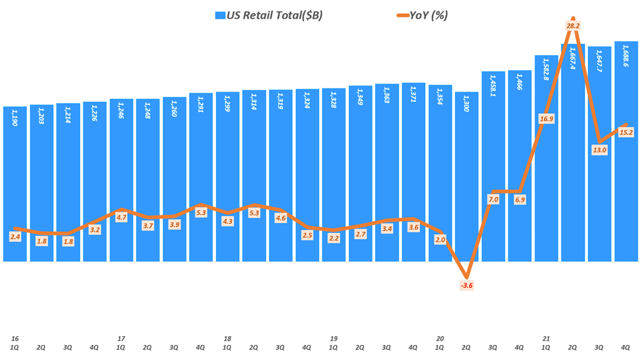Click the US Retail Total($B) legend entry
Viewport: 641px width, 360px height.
(x=269, y=15)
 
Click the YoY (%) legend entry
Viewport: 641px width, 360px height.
(x=417, y=15)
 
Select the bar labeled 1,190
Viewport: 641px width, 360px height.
(x=15, y=188)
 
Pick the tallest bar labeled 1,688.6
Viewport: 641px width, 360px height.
(x=626, y=157)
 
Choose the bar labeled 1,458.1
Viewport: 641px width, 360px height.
(x=493, y=169)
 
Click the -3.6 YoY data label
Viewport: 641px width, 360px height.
(x=467, y=285)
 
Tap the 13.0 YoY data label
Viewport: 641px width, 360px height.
(x=600, y=150)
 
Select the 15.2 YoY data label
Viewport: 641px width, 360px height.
(x=626, y=132)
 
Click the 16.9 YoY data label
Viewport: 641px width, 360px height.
(x=546, y=119)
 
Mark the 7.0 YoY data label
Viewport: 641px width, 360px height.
(x=493, y=200)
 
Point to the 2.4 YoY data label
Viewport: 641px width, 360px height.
(x=15, y=237)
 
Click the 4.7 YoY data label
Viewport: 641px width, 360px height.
(x=121, y=218)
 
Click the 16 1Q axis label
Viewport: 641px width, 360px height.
(x=14, y=342)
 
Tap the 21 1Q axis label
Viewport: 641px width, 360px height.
(x=546, y=342)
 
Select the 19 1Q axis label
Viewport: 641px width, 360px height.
(x=334, y=342)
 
